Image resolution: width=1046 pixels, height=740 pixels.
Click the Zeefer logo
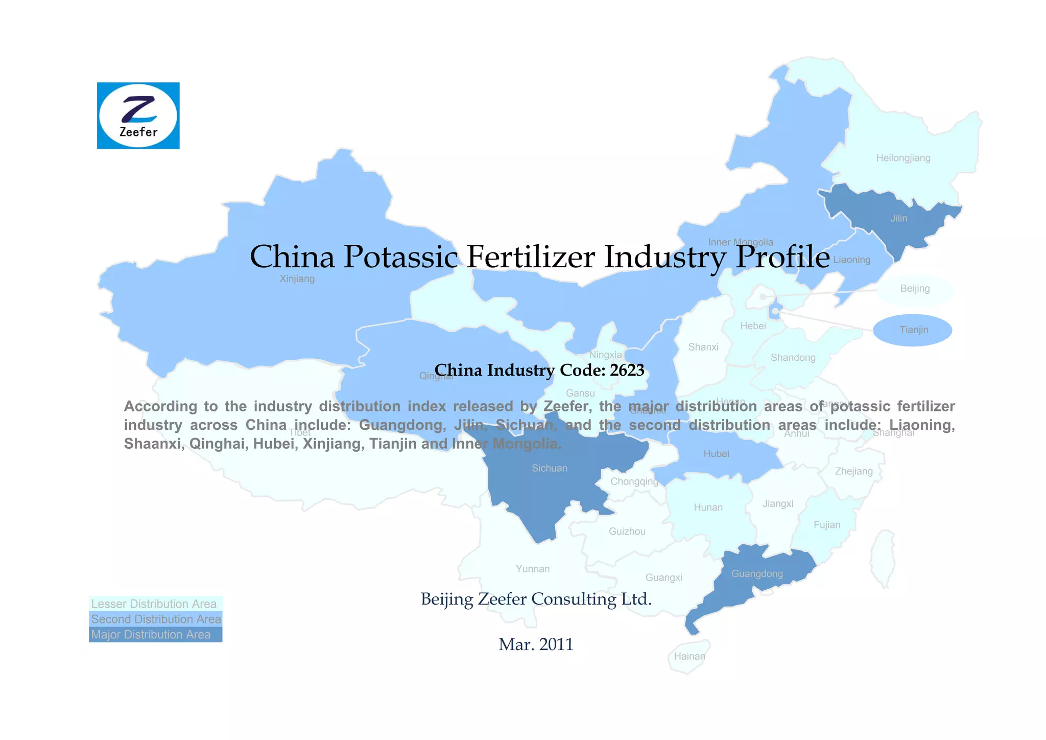pyautogui.click(x=138, y=115)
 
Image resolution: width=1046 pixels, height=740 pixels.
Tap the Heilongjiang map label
pyautogui.click(x=903, y=158)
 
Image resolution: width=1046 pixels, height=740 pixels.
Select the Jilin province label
pyautogui.click(x=898, y=218)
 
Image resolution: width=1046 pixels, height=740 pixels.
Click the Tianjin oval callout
pyautogui.click(x=913, y=330)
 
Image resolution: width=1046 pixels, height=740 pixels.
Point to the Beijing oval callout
pyautogui.click(x=915, y=289)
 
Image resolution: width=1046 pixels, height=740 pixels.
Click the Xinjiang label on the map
pyautogui.click(x=297, y=279)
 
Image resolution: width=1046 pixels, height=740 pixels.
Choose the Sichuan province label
pyautogui.click(x=549, y=468)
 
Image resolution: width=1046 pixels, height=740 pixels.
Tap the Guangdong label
pyautogui.click(x=757, y=573)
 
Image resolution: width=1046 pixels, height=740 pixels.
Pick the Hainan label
pyautogui.click(x=689, y=656)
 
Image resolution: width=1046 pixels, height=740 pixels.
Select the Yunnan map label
pyautogui.click(x=532, y=569)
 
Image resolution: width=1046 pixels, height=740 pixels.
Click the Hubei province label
pyautogui.click(x=716, y=453)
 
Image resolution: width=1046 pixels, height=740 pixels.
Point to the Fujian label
pyautogui.click(x=826, y=525)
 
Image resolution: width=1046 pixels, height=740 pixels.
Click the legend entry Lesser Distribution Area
pyautogui.click(x=154, y=604)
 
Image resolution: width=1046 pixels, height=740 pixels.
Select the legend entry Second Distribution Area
pyautogui.click(x=156, y=619)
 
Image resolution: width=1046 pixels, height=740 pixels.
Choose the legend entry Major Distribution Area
pyautogui.click(x=151, y=635)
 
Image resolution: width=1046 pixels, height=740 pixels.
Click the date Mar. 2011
pyautogui.click(x=536, y=644)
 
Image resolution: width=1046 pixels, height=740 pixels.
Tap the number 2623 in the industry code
pyautogui.click(x=627, y=369)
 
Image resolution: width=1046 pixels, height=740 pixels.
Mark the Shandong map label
pyautogui.click(x=793, y=358)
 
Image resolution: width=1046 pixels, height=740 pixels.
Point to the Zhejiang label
pyautogui.click(x=853, y=471)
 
